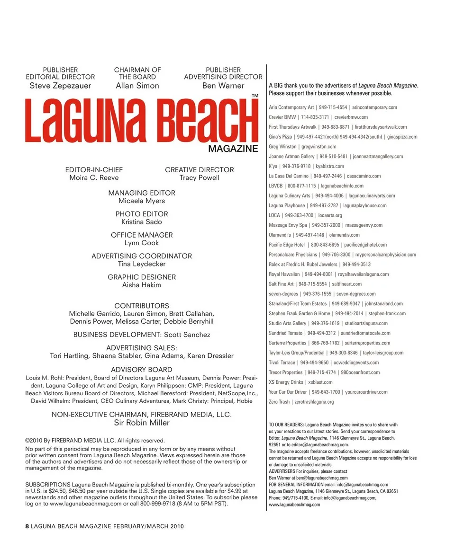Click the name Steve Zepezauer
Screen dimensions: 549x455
pos(60,86)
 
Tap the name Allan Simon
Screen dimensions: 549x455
pos(137,86)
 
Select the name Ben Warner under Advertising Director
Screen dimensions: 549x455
pos(223,86)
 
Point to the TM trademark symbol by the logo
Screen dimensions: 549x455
pos(255,96)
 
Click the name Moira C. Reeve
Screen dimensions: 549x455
pos(94,178)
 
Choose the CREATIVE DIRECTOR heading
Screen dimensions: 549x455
pos(200,170)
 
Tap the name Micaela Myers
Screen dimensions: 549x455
pos(142,201)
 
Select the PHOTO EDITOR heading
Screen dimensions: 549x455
pos(142,214)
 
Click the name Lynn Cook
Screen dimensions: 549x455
pos(142,243)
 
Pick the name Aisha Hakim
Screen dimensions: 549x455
pos(142,285)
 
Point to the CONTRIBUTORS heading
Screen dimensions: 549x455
pos(142,306)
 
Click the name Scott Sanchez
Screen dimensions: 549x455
pos(187,335)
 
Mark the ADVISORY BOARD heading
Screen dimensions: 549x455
pos(142,370)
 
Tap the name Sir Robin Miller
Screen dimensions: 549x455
pos(142,423)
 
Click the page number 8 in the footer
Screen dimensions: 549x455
pos(27,526)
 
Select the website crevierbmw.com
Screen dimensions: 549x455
pos(351,117)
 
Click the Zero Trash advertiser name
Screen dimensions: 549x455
pos(279,402)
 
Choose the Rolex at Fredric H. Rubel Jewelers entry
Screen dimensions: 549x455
pos(303,265)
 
